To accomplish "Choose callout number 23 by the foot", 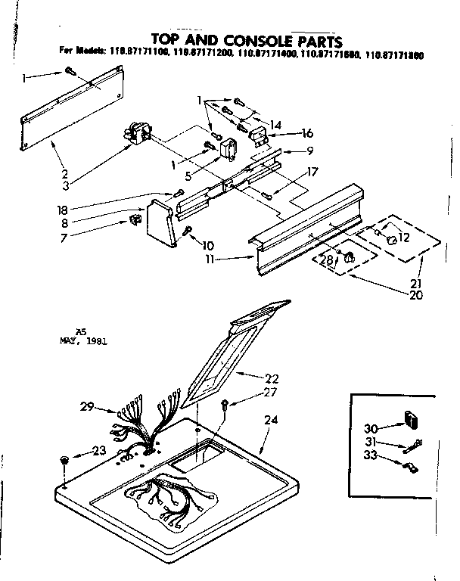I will (99, 452).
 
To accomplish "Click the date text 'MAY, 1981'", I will (83, 340).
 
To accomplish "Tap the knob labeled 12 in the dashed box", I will (393, 240).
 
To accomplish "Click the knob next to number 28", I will (350, 259).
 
